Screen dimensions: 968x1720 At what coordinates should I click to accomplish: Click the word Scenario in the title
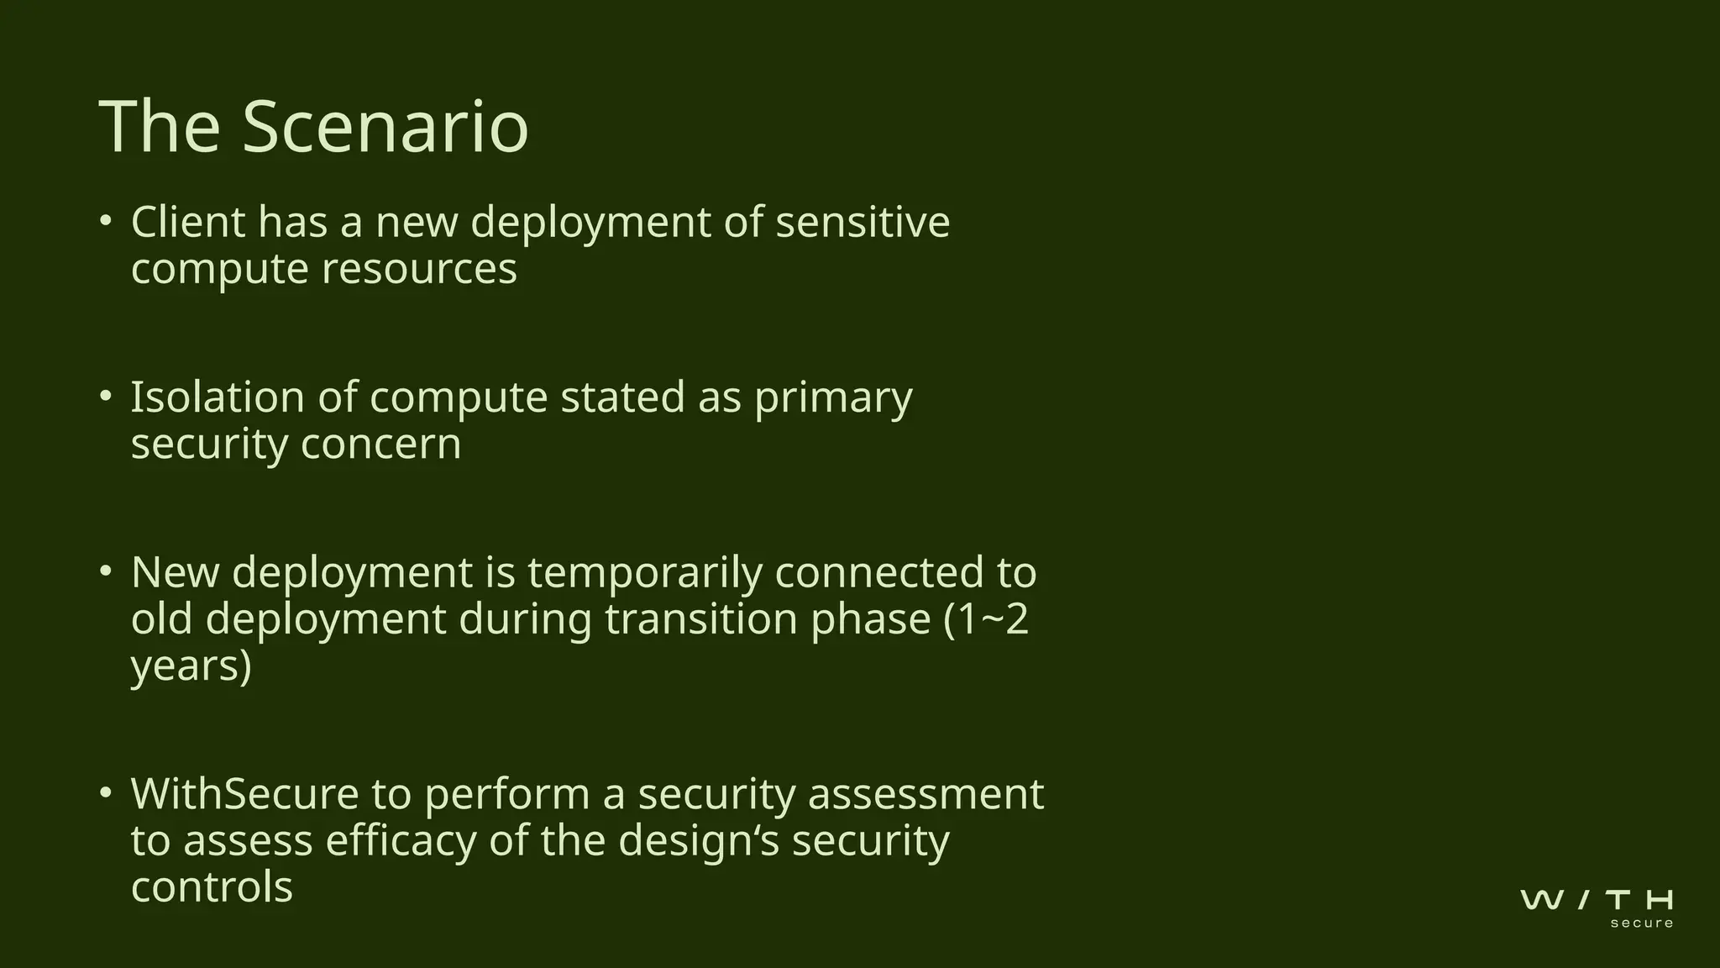click(x=385, y=127)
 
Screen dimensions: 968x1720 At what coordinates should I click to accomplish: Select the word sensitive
click(x=863, y=223)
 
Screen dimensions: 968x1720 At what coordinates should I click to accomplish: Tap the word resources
click(x=419, y=270)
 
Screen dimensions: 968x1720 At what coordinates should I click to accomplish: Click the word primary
click(x=833, y=399)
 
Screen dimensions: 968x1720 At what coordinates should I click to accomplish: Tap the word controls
click(x=212, y=887)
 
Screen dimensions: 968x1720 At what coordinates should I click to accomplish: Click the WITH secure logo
click(x=1597, y=907)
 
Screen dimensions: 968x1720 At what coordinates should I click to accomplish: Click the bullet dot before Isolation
click(x=105, y=396)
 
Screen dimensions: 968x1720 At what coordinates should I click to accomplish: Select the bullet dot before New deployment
click(x=105, y=571)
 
